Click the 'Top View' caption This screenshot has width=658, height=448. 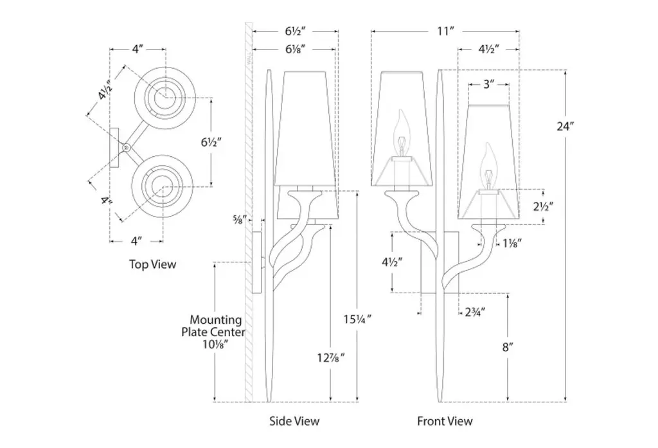click(152, 264)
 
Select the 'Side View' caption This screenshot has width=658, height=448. click(294, 421)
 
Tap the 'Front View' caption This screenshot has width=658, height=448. click(445, 421)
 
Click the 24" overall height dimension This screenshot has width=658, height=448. click(565, 126)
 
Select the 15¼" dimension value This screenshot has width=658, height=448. click(358, 318)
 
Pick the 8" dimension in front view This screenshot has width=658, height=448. click(508, 348)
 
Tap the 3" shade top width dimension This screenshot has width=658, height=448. click(488, 84)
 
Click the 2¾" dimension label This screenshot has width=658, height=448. click(474, 312)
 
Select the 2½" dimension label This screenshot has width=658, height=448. click(544, 207)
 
